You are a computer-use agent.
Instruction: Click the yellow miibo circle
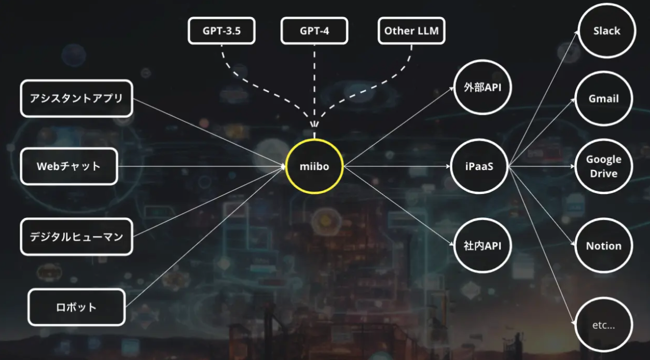click(x=314, y=166)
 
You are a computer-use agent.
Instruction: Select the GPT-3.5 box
click(x=222, y=31)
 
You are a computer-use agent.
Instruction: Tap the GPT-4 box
click(x=314, y=31)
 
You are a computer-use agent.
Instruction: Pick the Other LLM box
click(x=411, y=31)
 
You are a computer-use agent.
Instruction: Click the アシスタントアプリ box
click(x=76, y=98)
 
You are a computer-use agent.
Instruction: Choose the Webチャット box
click(x=69, y=167)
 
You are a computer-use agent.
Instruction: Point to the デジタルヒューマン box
click(x=76, y=237)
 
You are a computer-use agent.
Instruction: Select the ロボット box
click(x=76, y=307)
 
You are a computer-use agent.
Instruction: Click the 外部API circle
click(x=482, y=87)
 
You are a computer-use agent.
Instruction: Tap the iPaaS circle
click(x=479, y=166)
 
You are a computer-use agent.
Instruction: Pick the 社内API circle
click(x=482, y=246)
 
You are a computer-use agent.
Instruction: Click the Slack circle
click(x=606, y=31)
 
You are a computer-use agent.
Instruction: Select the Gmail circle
click(x=604, y=99)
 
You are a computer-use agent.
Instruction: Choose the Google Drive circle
click(x=604, y=167)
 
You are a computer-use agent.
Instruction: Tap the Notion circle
click(x=603, y=246)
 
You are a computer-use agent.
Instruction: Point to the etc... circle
click(x=603, y=326)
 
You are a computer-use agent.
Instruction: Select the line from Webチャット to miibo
click(x=202, y=167)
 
